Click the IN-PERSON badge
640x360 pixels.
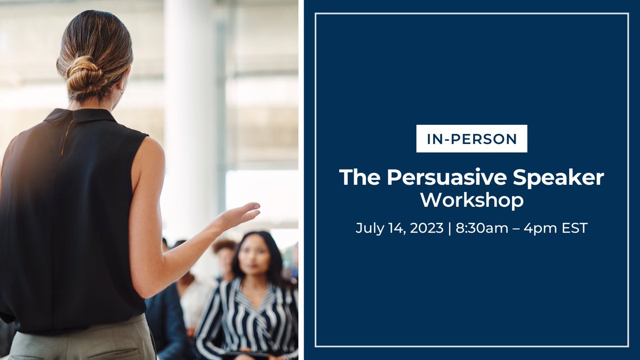point(471,139)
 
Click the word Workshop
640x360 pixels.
point(471,200)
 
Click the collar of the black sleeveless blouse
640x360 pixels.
point(80,115)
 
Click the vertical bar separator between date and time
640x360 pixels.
point(449,228)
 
